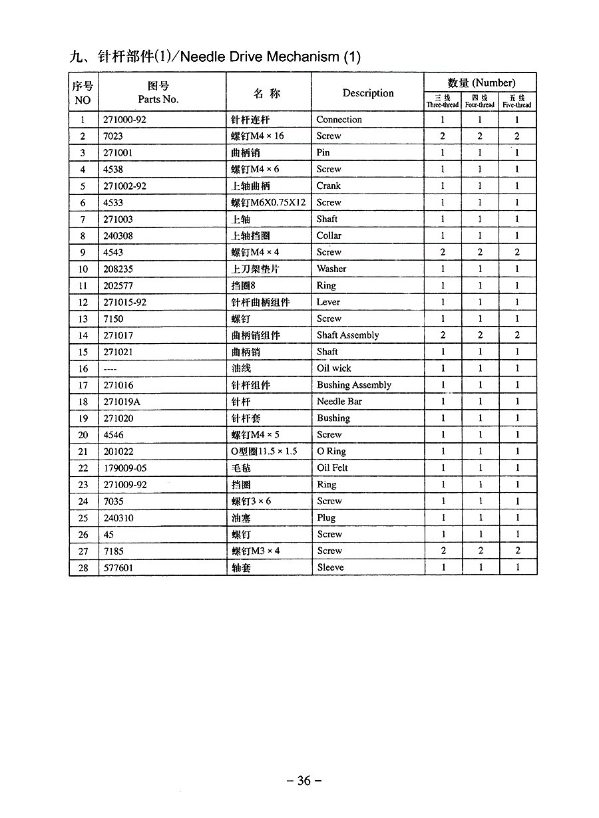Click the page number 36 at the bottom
pyautogui.click(x=303, y=781)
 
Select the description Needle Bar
pyautogui.click(x=339, y=402)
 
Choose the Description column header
pyautogui.click(x=368, y=93)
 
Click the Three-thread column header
pyautogui.click(x=443, y=101)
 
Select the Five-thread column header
pyautogui.click(x=517, y=101)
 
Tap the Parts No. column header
pyautogui.click(x=158, y=93)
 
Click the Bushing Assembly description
pyautogui.click(x=353, y=385)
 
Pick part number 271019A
pyautogui.click(x=122, y=402)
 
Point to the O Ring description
pyautogui.click(x=331, y=452)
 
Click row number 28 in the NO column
pyautogui.click(x=83, y=568)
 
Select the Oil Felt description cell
pyautogui.click(x=332, y=468)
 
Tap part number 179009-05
pyautogui.click(x=125, y=468)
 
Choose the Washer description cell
pyautogui.click(x=331, y=269)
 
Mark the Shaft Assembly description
pyautogui.click(x=347, y=335)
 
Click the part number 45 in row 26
pyautogui.click(x=109, y=535)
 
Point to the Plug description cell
pyautogui.click(x=326, y=518)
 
